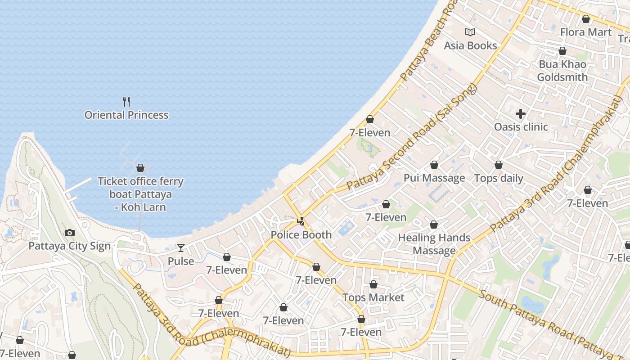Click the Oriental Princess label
(126, 115)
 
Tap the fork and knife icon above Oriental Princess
(126, 101)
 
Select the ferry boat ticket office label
(141, 194)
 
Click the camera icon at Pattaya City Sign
(69, 233)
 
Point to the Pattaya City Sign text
(69, 246)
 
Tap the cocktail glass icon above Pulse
(180, 247)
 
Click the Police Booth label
(301, 234)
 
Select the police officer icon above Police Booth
(301, 221)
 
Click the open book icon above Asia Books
(470, 32)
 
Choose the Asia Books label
(470, 45)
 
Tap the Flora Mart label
(585, 32)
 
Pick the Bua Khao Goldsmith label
(562, 71)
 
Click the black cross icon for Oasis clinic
(521, 114)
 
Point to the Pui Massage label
(434, 178)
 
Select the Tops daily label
(499, 178)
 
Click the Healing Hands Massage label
(434, 244)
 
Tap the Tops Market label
(373, 297)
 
